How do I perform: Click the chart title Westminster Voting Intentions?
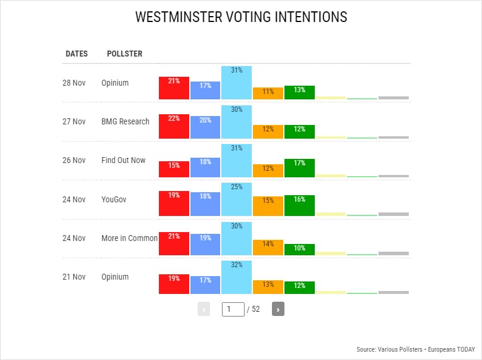click(241, 17)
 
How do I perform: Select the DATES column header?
click(76, 54)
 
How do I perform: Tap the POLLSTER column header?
click(124, 54)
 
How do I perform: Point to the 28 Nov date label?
click(74, 83)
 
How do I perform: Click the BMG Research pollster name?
click(125, 121)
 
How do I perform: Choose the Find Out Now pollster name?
click(123, 160)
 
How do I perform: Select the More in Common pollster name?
click(129, 238)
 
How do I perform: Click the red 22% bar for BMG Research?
click(174, 126)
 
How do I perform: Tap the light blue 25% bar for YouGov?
click(236, 199)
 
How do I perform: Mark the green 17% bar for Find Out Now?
click(299, 168)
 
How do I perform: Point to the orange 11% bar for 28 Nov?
click(268, 93)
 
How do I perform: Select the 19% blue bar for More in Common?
click(205, 245)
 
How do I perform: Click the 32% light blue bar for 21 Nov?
click(236, 277)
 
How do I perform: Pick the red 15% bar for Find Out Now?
click(174, 170)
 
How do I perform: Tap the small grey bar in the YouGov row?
click(393, 214)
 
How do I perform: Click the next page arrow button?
click(278, 309)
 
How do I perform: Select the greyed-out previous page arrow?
click(204, 309)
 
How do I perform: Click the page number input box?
click(233, 309)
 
